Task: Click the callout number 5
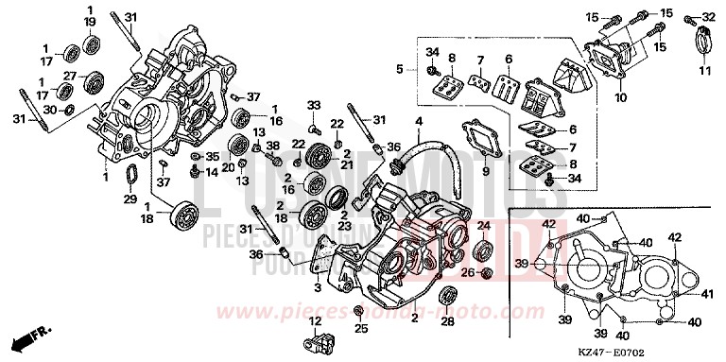point(401,68)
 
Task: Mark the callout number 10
point(618,95)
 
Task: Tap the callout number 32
point(709,18)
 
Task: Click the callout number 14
point(213,172)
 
